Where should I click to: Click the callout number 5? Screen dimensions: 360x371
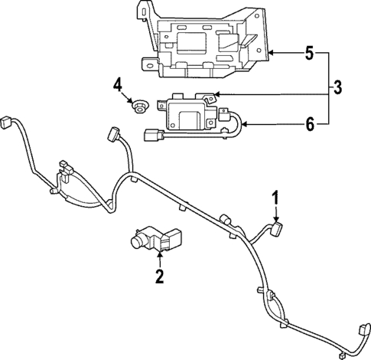[x=309, y=54]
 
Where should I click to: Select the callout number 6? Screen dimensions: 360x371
[x=309, y=123]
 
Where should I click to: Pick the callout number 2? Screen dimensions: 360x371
[x=159, y=277]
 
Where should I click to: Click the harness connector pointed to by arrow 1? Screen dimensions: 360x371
[x=277, y=228]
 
